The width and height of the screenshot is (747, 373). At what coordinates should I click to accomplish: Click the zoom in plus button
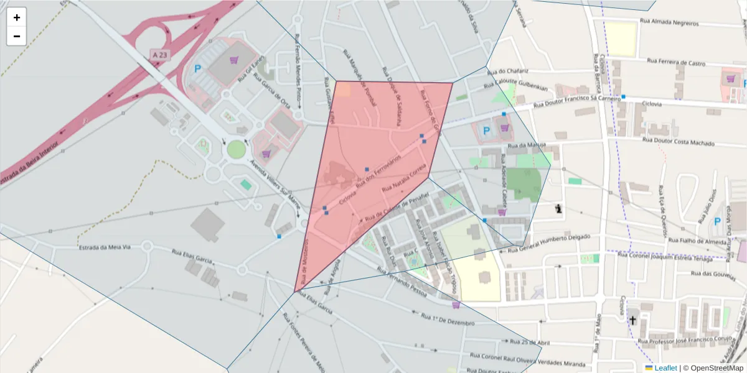[17, 17]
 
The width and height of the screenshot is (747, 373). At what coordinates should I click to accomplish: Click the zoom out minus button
[17, 36]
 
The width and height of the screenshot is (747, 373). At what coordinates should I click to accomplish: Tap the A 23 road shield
[159, 55]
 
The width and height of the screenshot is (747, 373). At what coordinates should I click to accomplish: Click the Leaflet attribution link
[665, 368]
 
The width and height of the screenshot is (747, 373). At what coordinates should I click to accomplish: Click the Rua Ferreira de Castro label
[676, 63]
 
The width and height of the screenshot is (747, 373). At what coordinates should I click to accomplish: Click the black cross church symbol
[633, 320]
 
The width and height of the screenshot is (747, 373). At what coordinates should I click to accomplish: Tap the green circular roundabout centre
[237, 149]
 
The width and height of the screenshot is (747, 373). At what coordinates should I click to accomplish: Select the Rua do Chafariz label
[509, 71]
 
